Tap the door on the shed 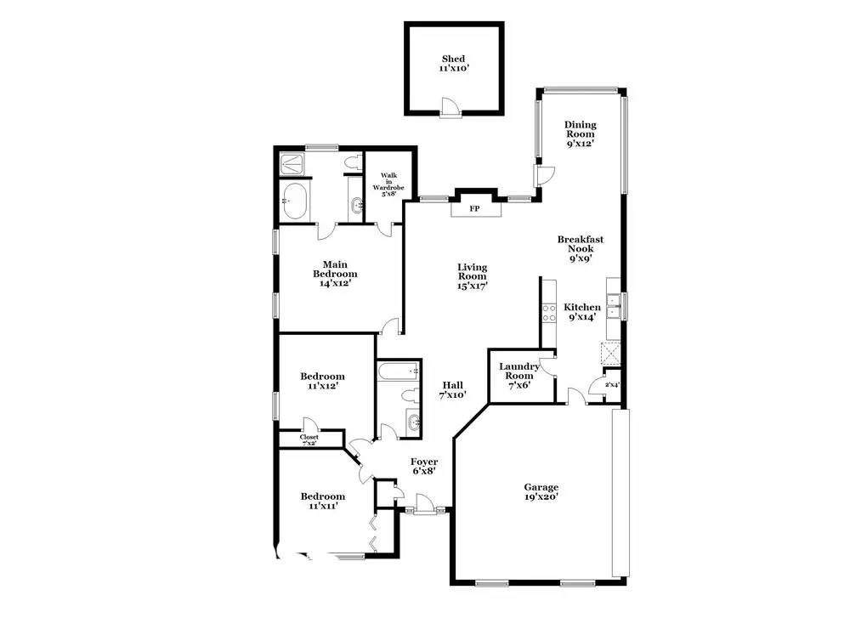coord(450,106)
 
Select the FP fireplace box coord(474,208)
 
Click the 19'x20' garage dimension coord(541,496)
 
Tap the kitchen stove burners coord(549,313)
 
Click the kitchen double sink coord(614,306)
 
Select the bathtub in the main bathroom coord(294,201)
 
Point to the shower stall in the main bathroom coord(292,164)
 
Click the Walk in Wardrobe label coord(388,184)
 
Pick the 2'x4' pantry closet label coord(612,385)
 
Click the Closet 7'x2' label coord(309,439)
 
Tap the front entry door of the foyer coord(424,503)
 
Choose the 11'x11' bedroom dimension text coord(322,506)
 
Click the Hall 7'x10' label coord(453,390)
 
